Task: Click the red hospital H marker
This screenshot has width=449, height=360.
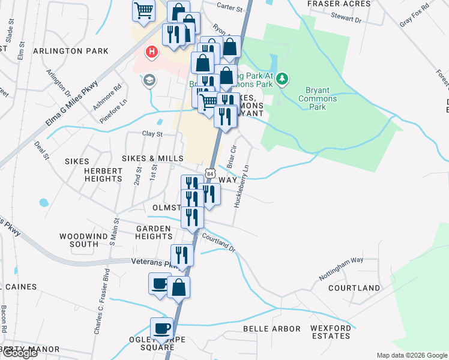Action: [152, 53]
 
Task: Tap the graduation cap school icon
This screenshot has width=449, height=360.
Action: [148, 80]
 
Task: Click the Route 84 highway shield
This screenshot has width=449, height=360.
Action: [208, 173]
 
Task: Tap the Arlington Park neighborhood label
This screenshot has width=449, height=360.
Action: [71, 51]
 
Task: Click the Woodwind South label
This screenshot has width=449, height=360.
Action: [84, 239]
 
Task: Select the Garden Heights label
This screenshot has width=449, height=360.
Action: [154, 232]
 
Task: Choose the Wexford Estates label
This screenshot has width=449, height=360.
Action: [331, 332]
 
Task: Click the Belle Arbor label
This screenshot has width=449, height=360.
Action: [271, 329]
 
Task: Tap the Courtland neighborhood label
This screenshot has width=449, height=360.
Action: [354, 288]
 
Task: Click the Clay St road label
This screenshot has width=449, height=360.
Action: [152, 134]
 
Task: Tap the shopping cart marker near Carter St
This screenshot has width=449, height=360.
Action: [143, 10]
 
